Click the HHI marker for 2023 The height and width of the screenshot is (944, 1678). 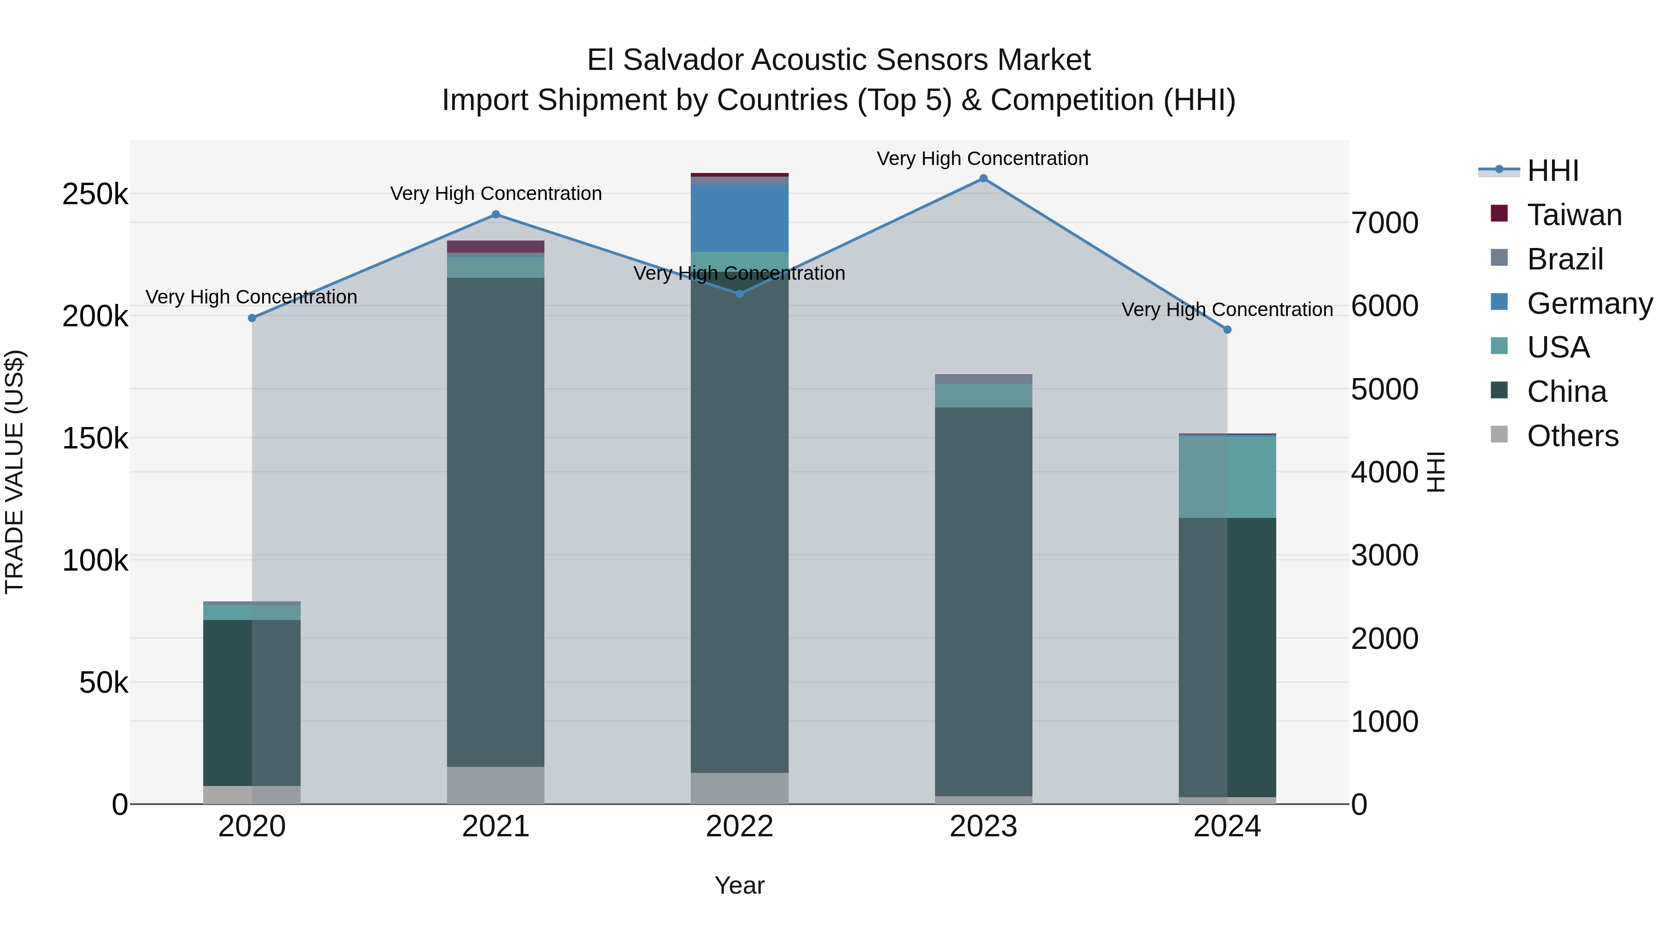(x=983, y=179)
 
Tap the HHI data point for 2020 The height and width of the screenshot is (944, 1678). (x=252, y=318)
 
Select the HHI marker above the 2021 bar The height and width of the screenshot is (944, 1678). (x=496, y=214)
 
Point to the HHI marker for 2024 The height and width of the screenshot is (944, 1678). (x=1227, y=330)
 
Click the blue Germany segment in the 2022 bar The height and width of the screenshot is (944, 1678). (x=739, y=218)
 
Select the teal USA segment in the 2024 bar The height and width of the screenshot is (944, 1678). (x=1227, y=476)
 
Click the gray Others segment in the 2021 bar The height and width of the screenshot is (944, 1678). (x=496, y=785)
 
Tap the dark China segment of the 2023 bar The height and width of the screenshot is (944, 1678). (x=983, y=599)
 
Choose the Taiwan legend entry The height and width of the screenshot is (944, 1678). (x=1574, y=215)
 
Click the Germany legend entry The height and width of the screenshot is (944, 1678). (x=1589, y=303)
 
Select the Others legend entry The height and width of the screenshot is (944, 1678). (x=1573, y=436)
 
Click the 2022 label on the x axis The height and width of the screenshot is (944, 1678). (x=739, y=827)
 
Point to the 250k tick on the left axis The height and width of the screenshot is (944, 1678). (x=95, y=194)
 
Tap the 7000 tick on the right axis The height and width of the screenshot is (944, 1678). (x=1384, y=223)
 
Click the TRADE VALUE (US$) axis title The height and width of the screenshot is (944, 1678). (x=14, y=472)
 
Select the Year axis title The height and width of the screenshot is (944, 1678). (x=739, y=885)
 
